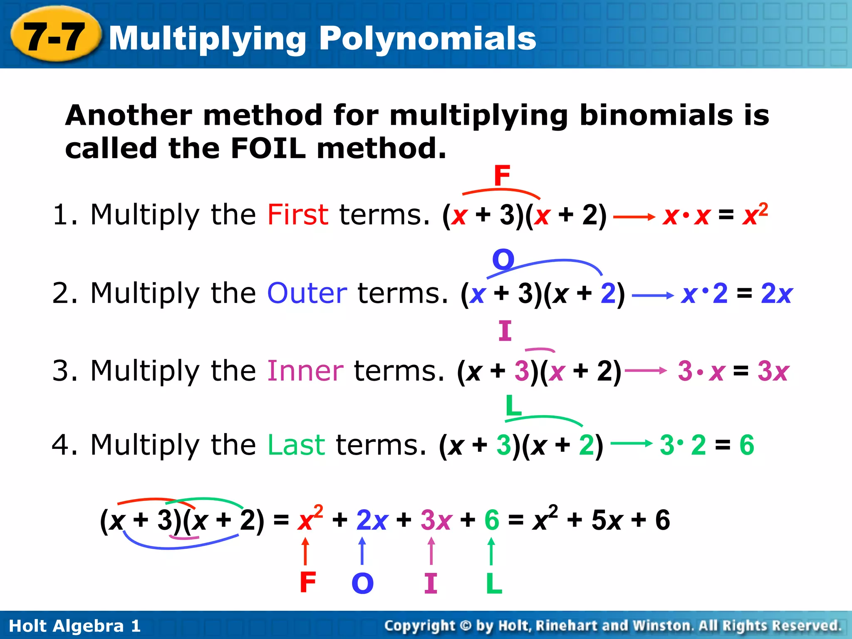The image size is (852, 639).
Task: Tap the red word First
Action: (297, 215)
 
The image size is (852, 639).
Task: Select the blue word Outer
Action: (307, 293)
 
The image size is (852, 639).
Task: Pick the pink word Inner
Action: (305, 371)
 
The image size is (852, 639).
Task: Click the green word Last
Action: (296, 445)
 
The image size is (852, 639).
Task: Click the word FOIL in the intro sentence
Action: (268, 148)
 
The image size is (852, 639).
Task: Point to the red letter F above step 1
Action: (502, 176)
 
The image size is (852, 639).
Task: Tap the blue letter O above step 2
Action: (503, 260)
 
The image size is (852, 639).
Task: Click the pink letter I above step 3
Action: (505, 331)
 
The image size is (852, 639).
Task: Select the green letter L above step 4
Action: (513, 405)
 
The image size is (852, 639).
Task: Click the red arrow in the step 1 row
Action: (634, 217)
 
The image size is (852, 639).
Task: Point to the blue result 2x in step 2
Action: (776, 294)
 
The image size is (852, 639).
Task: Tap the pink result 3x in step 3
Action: (773, 371)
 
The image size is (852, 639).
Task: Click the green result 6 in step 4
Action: (746, 445)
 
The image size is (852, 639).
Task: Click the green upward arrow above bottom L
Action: (491, 551)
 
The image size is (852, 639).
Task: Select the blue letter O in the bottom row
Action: (362, 583)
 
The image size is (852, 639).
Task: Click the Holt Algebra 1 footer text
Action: (75, 626)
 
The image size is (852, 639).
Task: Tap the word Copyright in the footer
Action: (419, 626)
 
